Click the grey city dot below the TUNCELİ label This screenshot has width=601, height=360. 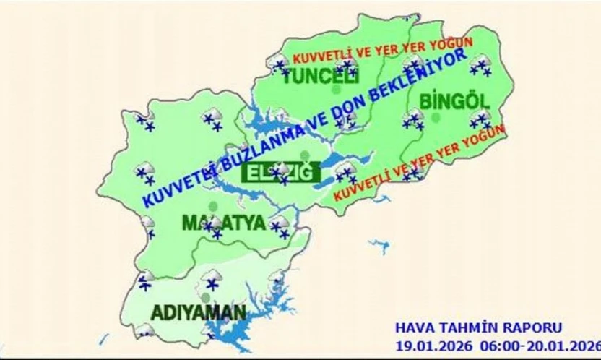pyautogui.click(x=334, y=91)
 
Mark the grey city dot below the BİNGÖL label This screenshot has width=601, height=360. pyautogui.click(x=436, y=117)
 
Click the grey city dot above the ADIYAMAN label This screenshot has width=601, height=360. pyautogui.click(x=206, y=297)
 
